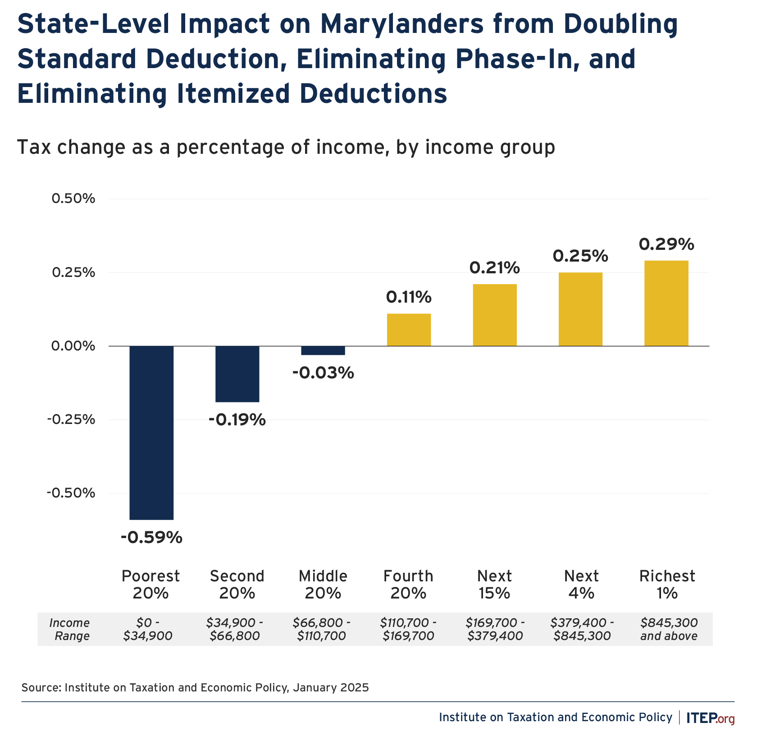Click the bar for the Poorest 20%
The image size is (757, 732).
click(x=151, y=433)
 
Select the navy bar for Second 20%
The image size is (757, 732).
click(x=237, y=374)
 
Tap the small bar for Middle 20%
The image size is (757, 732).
click(x=323, y=350)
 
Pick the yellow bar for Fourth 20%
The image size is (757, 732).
click(x=409, y=330)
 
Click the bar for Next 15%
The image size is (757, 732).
click(x=494, y=315)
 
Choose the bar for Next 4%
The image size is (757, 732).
click(x=580, y=309)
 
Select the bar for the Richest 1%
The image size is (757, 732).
click(x=666, y=303)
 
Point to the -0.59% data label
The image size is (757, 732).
click(x=151, y=537)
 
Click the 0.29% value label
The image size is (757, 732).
click(x=666, y=244)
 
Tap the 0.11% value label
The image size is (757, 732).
click(x=409, y=297)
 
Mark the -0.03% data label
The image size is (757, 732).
click(x=323, y=373)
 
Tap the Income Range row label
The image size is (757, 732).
click(x=70, y=629)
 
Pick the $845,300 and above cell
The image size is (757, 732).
click(x=669, y=629)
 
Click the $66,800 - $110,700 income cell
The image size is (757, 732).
click(x=321, y=629)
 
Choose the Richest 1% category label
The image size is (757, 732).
click(x=667, y=584)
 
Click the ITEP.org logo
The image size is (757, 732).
click(x=710, y=717)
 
